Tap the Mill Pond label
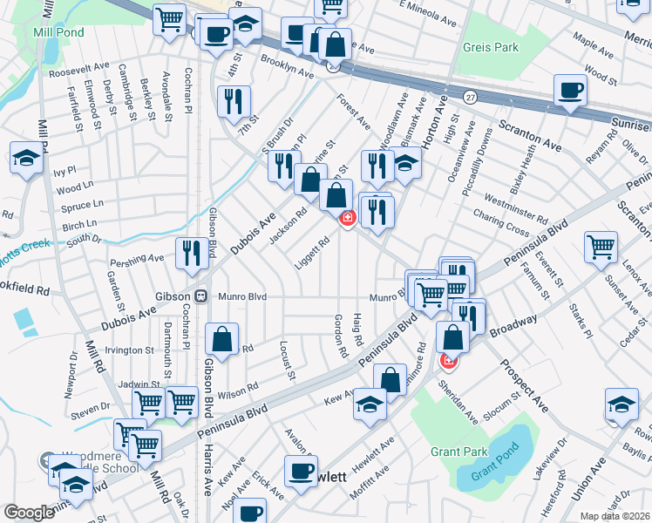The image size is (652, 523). click(x=58, y=31)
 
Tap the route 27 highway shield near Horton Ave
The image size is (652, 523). click(x=471, y=95)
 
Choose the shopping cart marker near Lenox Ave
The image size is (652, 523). click(x=601, y=248)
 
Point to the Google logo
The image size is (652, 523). click(x=29, y=512)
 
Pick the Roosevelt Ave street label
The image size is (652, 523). click(x=79, y=65)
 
